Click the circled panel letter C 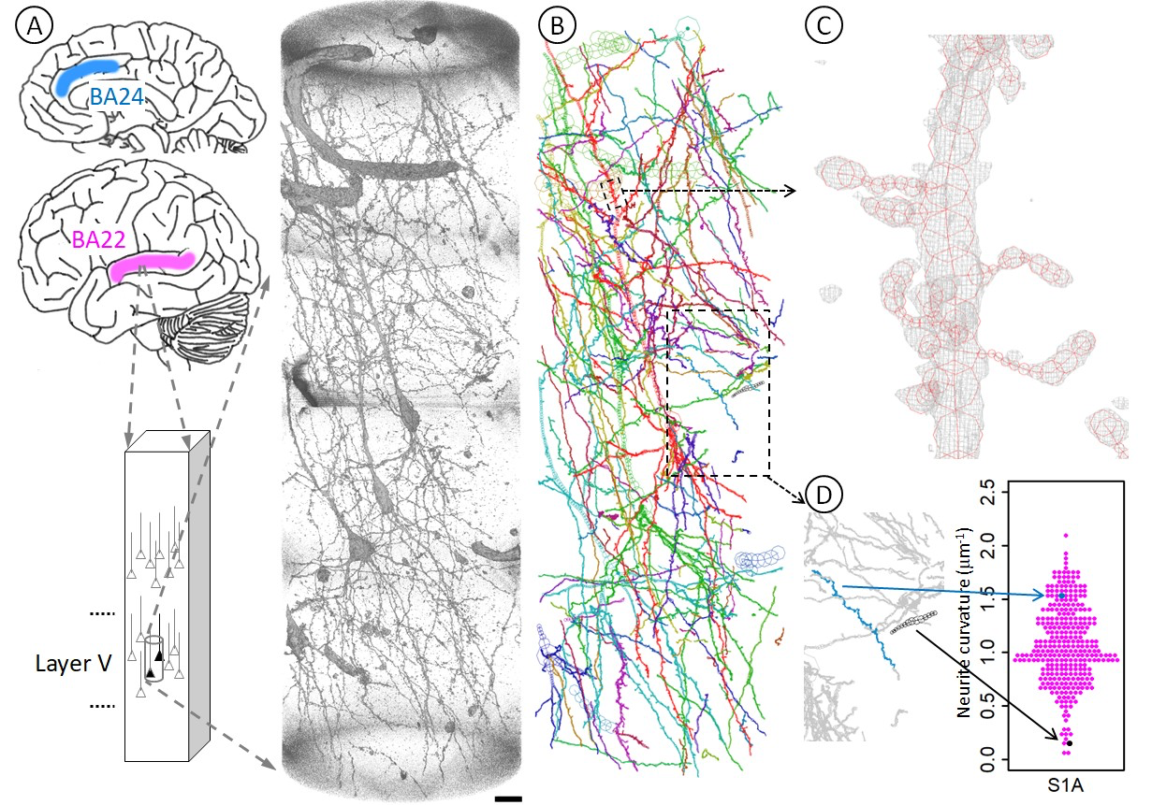coord(824,25)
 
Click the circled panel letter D coord(824,496)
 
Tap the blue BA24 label coord(116,96)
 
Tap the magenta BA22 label coord(99,239)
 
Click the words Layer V coord(73,663)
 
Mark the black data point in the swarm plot coord(1070,743)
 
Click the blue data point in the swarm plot coord(1062,596)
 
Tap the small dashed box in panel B coord(615,194)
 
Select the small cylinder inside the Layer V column coord(153,658)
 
